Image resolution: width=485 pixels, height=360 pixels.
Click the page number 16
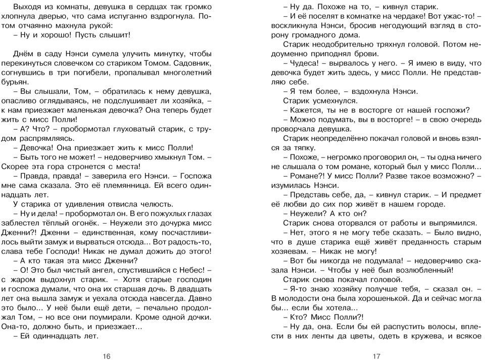106,356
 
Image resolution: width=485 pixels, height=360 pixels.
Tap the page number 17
376,356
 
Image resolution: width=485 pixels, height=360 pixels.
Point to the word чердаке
383,17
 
